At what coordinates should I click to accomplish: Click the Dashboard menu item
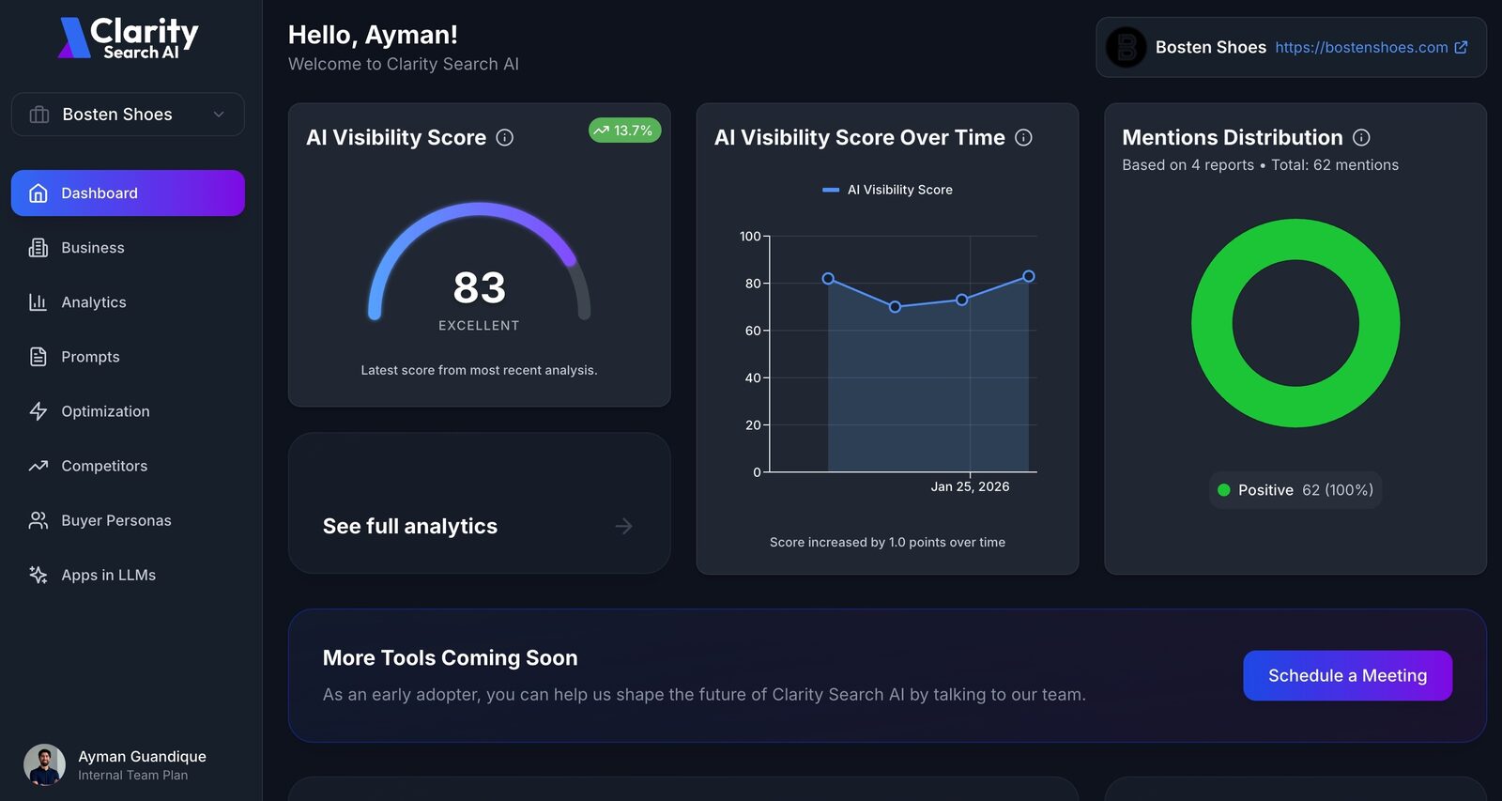[128, 193]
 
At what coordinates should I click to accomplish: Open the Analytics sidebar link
[93, 302]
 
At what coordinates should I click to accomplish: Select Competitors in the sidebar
[104, 466]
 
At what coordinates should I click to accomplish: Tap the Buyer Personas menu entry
[115, 520]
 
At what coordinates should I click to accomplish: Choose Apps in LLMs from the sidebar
[108, 575]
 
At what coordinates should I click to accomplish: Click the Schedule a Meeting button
[1347, 675]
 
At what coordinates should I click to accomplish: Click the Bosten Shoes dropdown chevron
[219, 115]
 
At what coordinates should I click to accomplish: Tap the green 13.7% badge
[624, 131]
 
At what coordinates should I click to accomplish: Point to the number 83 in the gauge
[479, 287]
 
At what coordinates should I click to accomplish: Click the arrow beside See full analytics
[623, 527]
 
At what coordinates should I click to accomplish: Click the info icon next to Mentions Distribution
[1361, 137]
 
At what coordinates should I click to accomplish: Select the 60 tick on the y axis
[753, 331]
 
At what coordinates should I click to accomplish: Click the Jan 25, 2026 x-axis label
[970, 486]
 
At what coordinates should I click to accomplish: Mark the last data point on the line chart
[1029, 276]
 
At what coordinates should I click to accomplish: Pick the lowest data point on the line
[895, 307]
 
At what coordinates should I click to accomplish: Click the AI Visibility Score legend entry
[887, 190]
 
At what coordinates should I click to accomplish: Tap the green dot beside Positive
[1224, 490]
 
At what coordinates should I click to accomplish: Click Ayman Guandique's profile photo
[44, 765]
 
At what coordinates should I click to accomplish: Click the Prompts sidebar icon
[38, 357]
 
